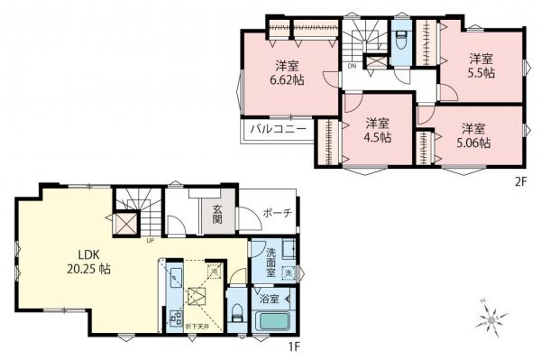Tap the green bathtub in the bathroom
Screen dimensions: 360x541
tap(276, 320)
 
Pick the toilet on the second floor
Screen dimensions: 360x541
tap(402, 42)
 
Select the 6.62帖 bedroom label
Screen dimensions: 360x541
tap(289, 71)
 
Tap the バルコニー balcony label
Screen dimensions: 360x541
tap(278, 128)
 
